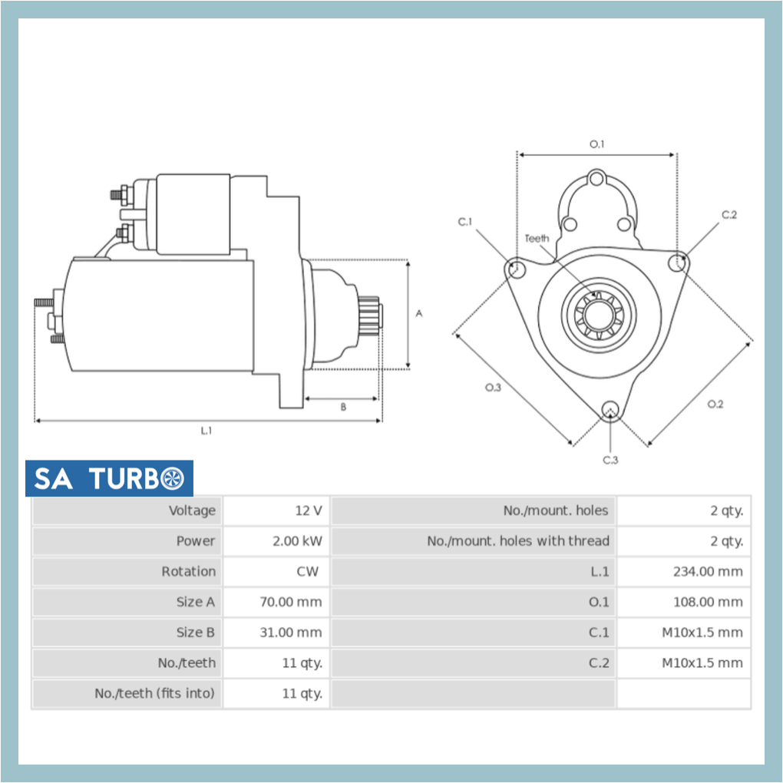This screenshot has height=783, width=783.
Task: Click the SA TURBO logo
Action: [109, 478]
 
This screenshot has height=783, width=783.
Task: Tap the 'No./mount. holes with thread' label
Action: [518, 541]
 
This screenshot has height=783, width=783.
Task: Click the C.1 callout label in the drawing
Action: [466, 222]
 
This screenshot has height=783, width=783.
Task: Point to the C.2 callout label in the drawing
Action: [728, 215]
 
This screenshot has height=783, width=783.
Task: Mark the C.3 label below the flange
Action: [610, 460]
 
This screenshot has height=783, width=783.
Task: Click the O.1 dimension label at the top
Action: [597, 144]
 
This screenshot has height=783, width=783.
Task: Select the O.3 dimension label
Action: [493, 387]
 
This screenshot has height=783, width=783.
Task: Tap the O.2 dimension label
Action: [715, 404]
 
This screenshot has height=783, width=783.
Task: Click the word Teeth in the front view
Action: [537, 239]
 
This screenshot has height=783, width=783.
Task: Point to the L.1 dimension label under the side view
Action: [206, 431]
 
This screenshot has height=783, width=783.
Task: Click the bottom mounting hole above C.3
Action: [610, 409]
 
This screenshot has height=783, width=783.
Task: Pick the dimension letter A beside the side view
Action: [419, 313]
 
